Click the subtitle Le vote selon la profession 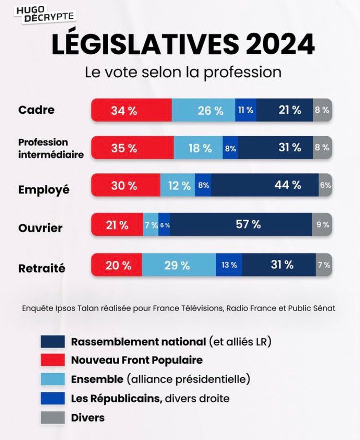tap(183, 72)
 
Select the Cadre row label tap(36, 110)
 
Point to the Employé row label tap(44, 189)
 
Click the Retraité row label tap(42, 269)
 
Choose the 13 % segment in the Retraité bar tap(229, 265)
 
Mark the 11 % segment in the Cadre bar tap(246, 110)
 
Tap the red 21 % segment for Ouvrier tap(117, 224)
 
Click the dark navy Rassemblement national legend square tap(53, 342)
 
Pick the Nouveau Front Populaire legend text tap(137, 360)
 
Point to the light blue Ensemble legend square tap(53, 379)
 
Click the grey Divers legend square tap(53, 417)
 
